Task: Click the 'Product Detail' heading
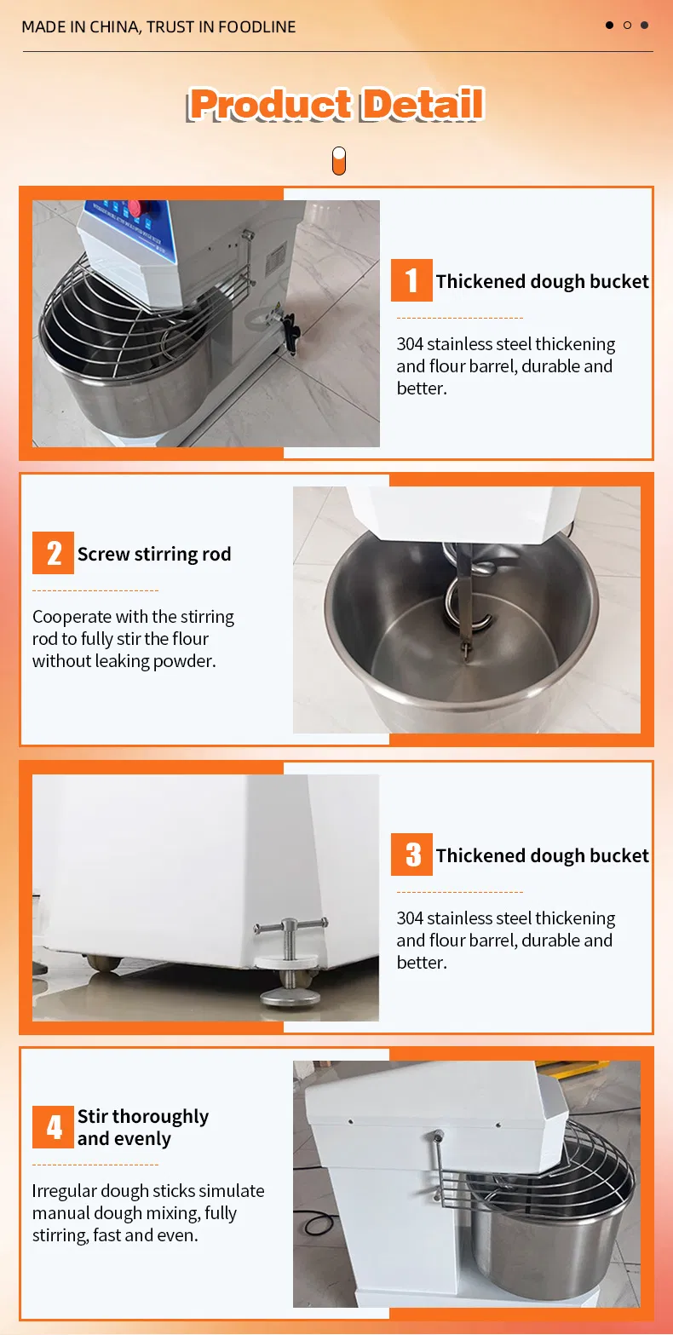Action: click(336, 104)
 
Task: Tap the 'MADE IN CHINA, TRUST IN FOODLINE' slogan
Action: click(158, 26)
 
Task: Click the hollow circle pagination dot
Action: click(627, 25)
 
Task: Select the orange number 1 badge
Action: click(411, 280)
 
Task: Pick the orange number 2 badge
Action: click(53, 552)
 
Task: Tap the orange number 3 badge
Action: click(411, 855)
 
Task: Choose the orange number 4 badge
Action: click(53, 1126)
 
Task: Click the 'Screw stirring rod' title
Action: click(154, 555)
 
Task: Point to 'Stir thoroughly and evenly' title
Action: click(143, 1127)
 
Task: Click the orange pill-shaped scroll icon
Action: click(338, 161)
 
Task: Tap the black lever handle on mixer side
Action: click(290, 334)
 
